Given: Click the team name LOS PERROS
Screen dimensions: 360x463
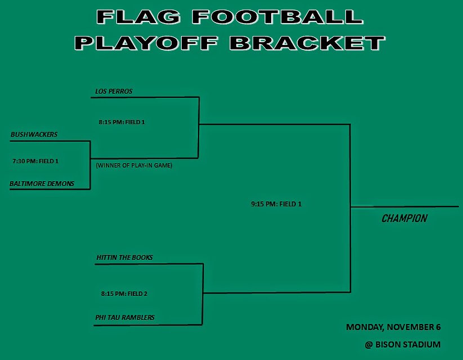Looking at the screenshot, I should point(114,91).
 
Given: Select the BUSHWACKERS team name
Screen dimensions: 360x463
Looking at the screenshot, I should point(34,134).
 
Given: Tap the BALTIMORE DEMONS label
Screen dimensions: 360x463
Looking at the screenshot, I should point(42,183).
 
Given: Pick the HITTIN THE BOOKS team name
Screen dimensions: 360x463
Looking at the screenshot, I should point(124,258).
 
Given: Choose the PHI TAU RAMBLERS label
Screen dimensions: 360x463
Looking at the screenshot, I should point(125,318).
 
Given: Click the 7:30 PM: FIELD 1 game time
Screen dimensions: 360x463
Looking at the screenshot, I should point(35,161).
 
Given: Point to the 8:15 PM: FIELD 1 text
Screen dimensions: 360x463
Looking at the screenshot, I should point(122,121).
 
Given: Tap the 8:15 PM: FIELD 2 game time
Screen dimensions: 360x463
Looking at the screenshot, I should point(124,294).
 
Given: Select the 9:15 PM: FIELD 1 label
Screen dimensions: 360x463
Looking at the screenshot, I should point(276,204).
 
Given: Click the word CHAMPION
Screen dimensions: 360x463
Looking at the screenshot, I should point(404,219).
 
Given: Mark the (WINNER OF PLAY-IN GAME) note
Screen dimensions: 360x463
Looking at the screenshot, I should point(134,166).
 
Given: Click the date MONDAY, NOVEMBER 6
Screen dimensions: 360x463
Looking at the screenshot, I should point(393,327).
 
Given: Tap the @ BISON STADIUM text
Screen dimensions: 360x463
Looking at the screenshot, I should point(402,344).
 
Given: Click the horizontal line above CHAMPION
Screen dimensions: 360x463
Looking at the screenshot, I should point(405,207).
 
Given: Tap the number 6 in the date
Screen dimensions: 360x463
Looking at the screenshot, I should point(438,327).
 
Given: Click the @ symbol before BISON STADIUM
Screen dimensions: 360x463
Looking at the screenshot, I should point(368,344).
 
